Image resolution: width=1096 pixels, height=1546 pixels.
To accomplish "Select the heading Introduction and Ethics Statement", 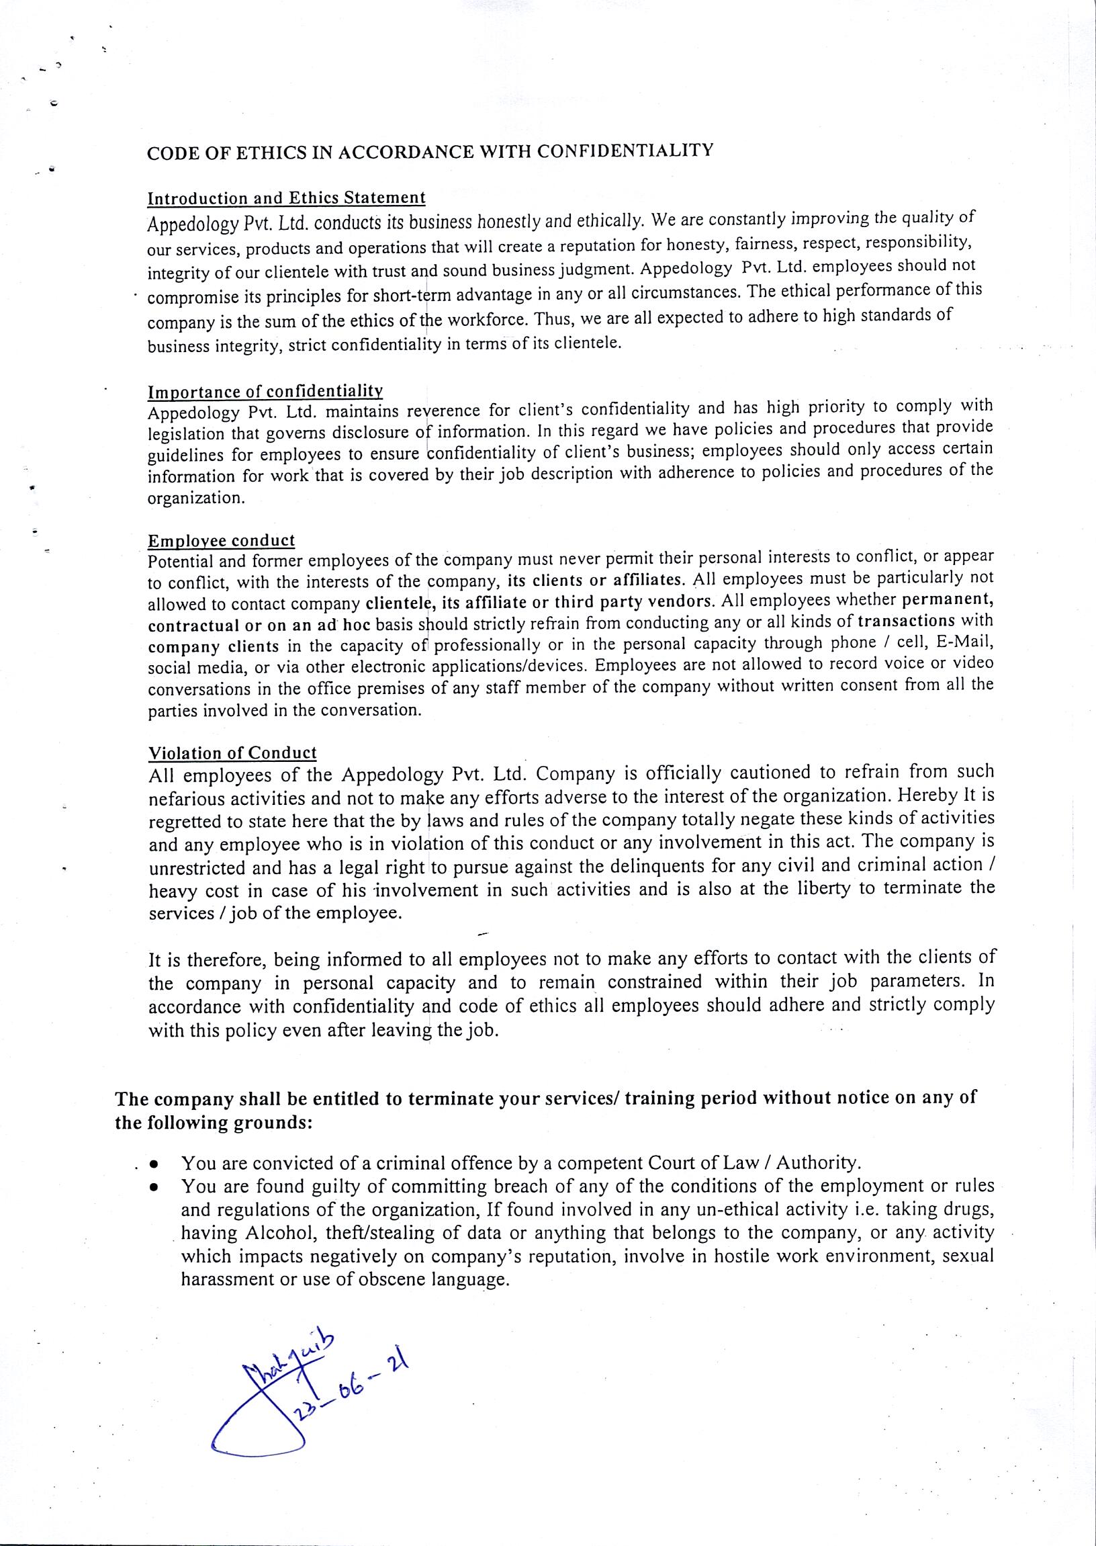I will (286, 198).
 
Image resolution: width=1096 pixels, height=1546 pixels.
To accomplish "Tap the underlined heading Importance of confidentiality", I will (265, 392).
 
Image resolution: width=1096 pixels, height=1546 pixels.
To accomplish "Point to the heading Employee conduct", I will (222, 542).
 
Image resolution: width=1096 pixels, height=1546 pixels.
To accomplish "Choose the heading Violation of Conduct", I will (232, 753).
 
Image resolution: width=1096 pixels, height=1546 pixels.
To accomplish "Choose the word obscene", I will (393, 1279).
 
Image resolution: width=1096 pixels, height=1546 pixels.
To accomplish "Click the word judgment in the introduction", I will (598, 270).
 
